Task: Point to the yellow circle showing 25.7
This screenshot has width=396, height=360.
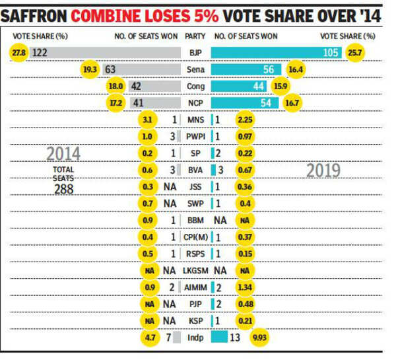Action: pyautogui.click(x=356, y=52)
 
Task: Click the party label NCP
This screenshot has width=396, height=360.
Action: pyautogui.click(x=195, y=102)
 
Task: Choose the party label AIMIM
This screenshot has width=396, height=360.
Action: pyautogui.click(x=195, y=288)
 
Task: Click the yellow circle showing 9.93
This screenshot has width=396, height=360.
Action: pyautogui.click(x=259, y=338)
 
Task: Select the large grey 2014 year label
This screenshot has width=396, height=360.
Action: pyautogui.click(x=63, y=153)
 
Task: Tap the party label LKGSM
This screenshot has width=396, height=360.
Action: pyautogui.click(x=195, y=271)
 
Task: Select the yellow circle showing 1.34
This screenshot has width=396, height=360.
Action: pyautogui.click(x=246, y=288)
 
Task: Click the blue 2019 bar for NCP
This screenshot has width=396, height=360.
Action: pyautogui.click(x=245, y=102)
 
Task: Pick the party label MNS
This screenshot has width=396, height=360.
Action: pyautogui.click(x=195, y=120)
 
